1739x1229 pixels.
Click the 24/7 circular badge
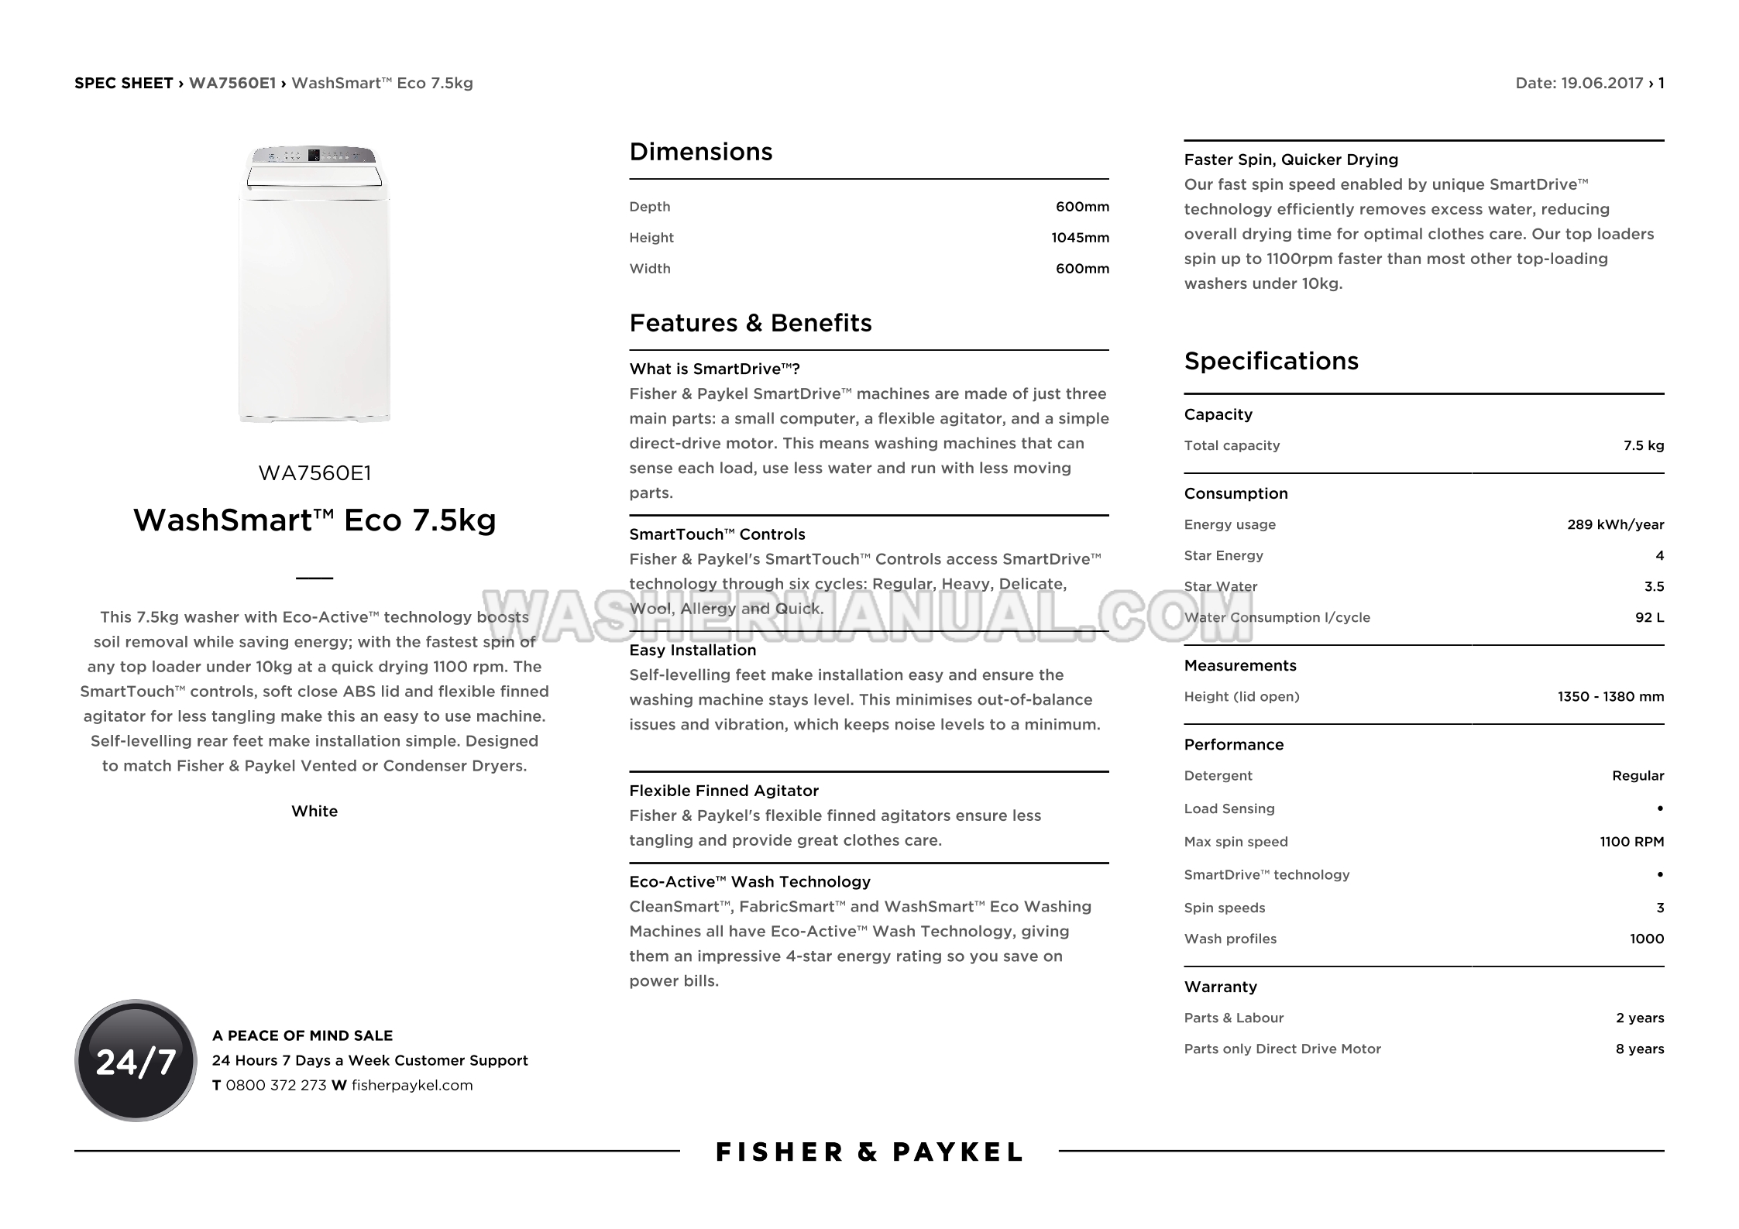click(136, 1060)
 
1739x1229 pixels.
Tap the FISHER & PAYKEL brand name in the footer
click(869, 1152)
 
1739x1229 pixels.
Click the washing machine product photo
click(314, 283)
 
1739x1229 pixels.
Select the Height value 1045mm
click(1080, 238)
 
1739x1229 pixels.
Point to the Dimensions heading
click(700, 152)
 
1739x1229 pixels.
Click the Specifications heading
click(1270, 361)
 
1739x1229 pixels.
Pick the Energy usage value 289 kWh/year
click(1615, 524)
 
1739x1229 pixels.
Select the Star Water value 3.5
click(1654, 586)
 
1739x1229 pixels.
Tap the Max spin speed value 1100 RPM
click(1631, 842)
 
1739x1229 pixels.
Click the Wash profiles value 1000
click(1646, 939)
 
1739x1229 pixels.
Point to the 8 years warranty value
click(1639, 1049)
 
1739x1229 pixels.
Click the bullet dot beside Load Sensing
click(1659, 808)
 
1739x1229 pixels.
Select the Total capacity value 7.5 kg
click(1643, 445)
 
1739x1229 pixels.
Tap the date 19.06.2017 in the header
click(1601, 83)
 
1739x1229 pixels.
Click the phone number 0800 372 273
click(276, 1085)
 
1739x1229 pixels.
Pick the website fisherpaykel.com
click(412, 1085)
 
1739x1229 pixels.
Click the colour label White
click(314, 811)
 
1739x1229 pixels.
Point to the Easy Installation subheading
click(693, 651)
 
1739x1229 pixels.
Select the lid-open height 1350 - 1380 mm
click(1610, 696)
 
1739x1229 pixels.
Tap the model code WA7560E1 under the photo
click(314, 473)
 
